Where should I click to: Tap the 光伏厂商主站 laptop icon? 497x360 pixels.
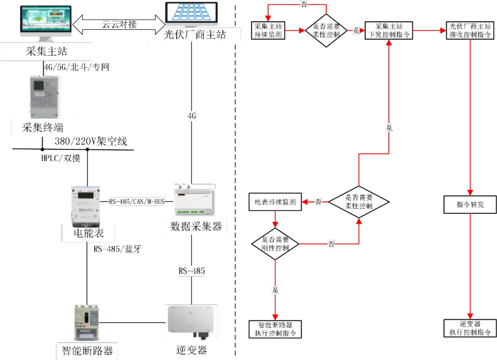tap(191, 14)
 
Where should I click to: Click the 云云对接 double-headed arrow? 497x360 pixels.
tap(119, 24)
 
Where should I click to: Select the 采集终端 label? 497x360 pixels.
tap(43, 128)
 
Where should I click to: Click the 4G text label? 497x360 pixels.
tap(191, 116)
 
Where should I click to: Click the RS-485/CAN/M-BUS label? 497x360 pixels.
tap(137, 201)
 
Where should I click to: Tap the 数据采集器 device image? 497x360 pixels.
tap(194, 200)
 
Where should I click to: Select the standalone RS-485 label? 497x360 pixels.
tap(191, 271)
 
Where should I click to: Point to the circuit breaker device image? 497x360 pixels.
tap(87, 322)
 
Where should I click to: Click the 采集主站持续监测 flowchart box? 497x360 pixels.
tap(268, 30)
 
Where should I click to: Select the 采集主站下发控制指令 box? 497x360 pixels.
tap(389, 30)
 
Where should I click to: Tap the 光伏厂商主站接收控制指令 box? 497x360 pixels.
tap(470, 30)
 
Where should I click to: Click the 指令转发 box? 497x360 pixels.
tap(470, 205)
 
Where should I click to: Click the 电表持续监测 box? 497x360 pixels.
tap(275, 202)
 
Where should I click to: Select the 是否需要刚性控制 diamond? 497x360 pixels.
tap(275, 244)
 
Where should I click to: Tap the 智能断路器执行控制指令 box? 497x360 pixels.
tap(275, 329)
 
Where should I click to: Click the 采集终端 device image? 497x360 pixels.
tap(44, 97)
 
